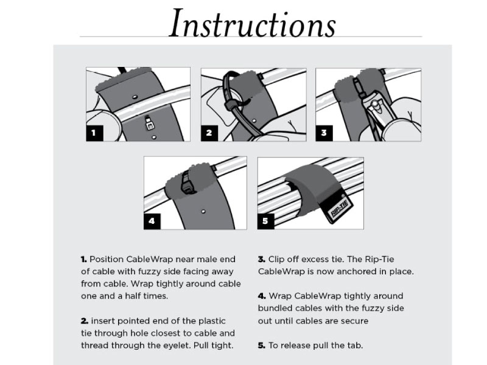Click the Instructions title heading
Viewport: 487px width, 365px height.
tap(252, 24)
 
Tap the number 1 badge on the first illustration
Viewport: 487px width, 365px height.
tap(94, 133)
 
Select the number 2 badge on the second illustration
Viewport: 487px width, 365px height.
tap(209, 133)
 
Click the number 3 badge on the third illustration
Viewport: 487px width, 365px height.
tap(324, 133)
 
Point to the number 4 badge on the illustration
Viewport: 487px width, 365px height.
tap(152, 221)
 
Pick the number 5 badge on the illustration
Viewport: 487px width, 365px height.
tap(265, 221)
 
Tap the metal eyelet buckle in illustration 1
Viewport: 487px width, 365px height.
tap(150, 123)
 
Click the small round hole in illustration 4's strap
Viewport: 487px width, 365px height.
tap(203, 211)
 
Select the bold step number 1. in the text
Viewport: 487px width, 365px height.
tap(84, 259)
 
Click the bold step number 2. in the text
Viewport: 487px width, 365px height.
tap(85, 321)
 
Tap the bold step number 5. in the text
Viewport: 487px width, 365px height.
tap(262, 346)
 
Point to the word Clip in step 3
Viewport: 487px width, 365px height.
tap(276, 260)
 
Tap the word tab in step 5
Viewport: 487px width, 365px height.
tap(356, 346)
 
